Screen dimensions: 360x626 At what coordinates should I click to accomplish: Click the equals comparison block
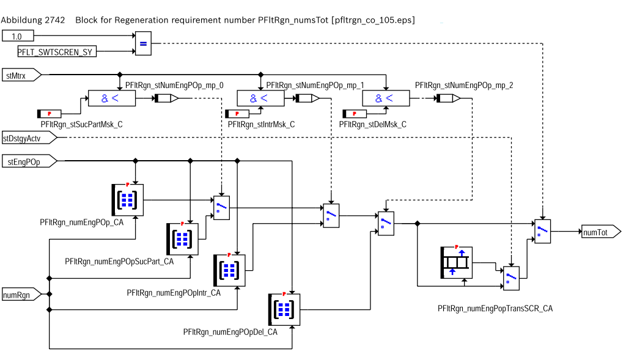click(142, 43)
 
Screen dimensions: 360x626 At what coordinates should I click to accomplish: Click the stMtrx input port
click(22, 75)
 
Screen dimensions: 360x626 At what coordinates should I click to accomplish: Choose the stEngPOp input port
click(30, 161)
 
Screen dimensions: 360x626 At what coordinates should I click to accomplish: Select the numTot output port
click(601, 232)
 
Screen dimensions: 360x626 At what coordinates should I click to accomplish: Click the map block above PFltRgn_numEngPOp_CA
click(127, 199)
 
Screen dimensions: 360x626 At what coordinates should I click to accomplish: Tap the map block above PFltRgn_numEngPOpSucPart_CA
click(182, 239)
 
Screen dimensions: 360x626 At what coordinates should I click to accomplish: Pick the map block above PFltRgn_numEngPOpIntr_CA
click(229, 270)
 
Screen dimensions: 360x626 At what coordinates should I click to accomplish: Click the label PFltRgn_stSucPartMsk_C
click(81, 125)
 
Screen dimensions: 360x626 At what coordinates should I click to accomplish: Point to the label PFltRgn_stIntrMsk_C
click(261, 125)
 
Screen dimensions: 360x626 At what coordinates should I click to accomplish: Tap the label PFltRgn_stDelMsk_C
click(372, 125)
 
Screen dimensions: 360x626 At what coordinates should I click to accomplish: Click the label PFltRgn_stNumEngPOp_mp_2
click(463, 86)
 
